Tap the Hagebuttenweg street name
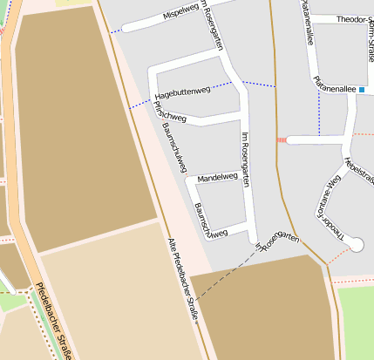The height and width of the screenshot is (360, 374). click(x=182, y=91)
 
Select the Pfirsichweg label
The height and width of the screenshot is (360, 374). click(x=169, y=112)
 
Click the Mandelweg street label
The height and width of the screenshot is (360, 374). click(x=217, y=177)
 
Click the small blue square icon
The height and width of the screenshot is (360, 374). click(x=362, y=89)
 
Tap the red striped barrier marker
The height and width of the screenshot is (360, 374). click(x=281, y=139)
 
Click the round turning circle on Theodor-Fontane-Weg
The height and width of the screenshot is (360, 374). click(x=355, y=246)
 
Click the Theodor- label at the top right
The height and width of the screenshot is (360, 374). click(x=352, y=18)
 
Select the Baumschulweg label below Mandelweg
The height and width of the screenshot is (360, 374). click(x=211, y=221)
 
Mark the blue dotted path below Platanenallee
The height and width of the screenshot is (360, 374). click(x=319, y=113)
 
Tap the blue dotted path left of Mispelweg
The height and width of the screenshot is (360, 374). click(x=114, y=31)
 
